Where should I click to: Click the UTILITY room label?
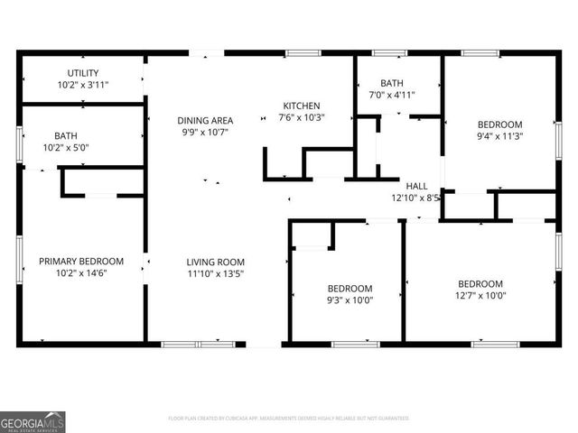pyautogui.click(x=83, y=73)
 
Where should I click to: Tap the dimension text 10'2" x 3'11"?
pyautogui.click(x=83, y=86)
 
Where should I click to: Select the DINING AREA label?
pyautogui.click(x=204, y=120)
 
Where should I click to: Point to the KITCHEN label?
pyautogui.click(x=302, y=105)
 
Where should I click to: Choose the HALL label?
pyautogui.click(x=416, y=185)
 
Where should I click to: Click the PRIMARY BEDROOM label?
pyautogui.click(x=81, y=262)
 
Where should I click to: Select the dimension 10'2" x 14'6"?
pyautogui.click(x=81, y=273)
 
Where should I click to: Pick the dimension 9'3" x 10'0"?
pyautogui.click(x=350, y=301)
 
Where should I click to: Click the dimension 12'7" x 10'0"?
pyautogui.click(x=480, y=295)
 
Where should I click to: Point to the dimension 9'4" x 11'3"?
pyautogui.click(x=499, y=136)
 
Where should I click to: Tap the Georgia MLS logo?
pyautogui.click(x=33, y=421)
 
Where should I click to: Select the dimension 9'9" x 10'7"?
pyautogui.click(x=204, y=133)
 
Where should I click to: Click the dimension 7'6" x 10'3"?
pyautogui.click(x=302, y=117)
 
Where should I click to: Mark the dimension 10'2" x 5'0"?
pyautogui.click(x=65, y=148)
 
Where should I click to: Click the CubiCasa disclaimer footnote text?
pyautogui.click(x=288, y=418)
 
